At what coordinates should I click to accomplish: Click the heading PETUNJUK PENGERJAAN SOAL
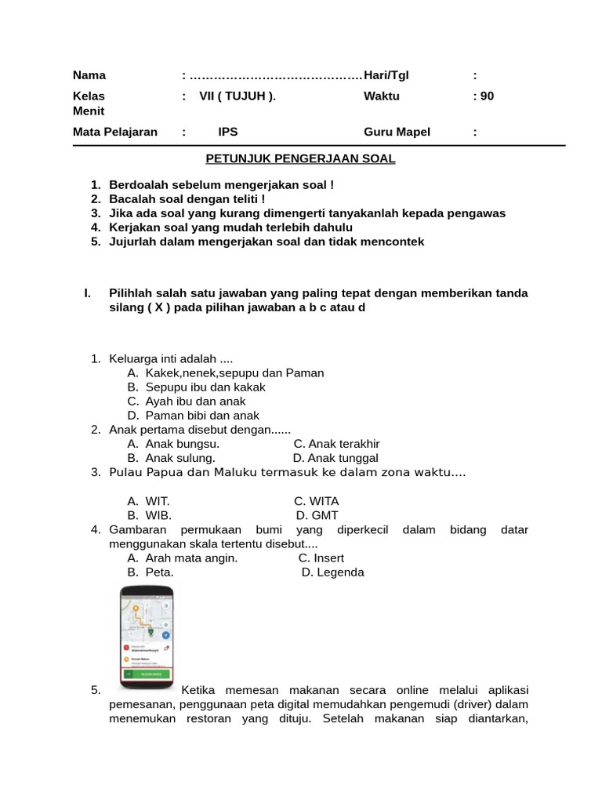tap(300, 159)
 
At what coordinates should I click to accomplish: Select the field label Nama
tap(89, 75)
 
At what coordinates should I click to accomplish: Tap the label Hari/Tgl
tap(386, 75)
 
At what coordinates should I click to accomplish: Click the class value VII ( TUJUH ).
tap(238, 96)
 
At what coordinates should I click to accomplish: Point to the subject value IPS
tap(227, 132)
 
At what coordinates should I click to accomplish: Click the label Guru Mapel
tap(397, 132)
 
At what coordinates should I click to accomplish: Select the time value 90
tap(487, 96)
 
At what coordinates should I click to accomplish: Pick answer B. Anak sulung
tap(171, 458)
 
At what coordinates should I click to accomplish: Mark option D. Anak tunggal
tap(335, 458)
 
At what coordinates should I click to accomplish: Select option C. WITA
tap(317, 501)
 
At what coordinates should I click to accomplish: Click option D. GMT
tap(317, 515)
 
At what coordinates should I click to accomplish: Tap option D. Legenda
tap(332, 572)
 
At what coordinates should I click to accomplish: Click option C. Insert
tap(321, 558)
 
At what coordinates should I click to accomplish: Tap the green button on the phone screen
tap(147, 674)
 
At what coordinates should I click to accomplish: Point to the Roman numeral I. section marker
tap(88, 293)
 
